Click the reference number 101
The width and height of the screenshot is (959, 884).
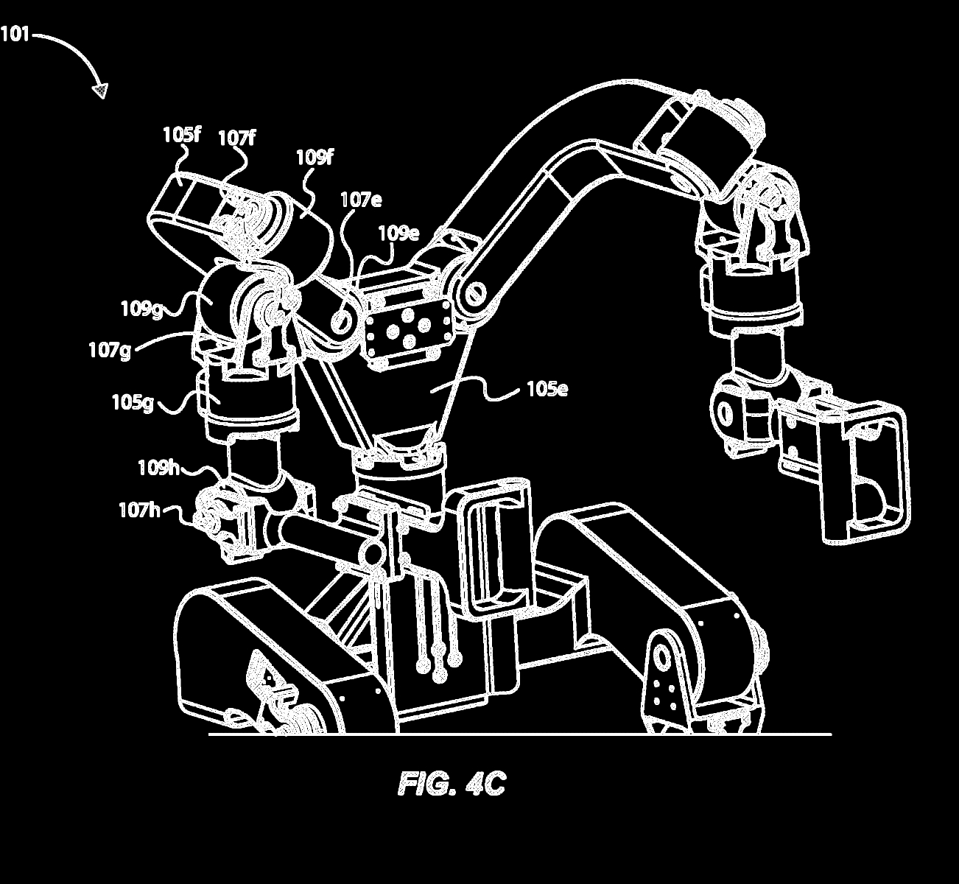(15, 35)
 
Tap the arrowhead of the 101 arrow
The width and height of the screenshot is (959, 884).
(101, 90)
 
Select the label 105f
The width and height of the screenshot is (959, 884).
(182, 135)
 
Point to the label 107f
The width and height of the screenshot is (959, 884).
(236, 138)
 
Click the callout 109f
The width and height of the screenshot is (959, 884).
(315, 158)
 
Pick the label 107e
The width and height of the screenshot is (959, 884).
(361, 200)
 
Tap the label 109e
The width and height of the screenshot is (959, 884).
(398, 234)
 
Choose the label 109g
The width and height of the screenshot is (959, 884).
(141, 309)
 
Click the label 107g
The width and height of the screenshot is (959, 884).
(110, 351)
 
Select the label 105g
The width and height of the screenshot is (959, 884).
(133, 402)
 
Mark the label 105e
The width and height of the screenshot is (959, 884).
(547, 389)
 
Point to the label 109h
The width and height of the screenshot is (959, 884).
(158, 468)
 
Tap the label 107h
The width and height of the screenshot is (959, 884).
(140, 511)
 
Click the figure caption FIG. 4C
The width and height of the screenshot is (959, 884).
(452, 784)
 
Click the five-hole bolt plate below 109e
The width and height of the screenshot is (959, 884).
(408, 330)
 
